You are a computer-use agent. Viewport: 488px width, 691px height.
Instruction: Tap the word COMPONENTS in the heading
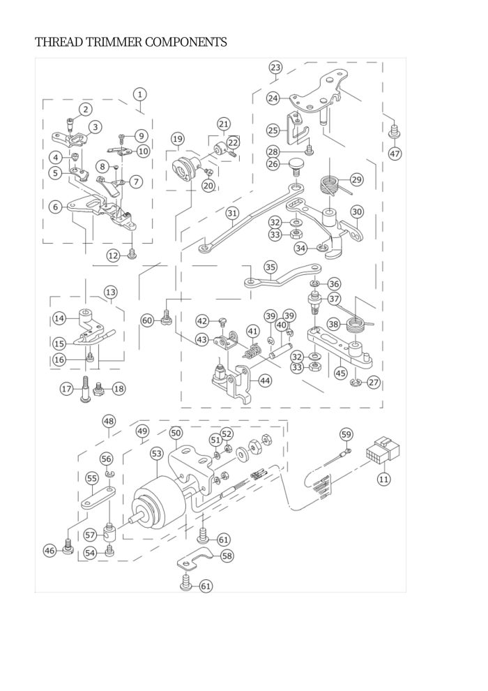click(x=186, y=43)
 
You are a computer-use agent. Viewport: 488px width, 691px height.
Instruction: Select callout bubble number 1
click(x=140, y=94)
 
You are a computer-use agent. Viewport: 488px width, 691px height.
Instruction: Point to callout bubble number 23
click(x=275, y=67)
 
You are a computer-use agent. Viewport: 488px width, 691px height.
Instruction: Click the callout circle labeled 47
click(x=395, y=154)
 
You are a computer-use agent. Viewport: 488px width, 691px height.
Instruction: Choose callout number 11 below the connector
click(x=384, y=479)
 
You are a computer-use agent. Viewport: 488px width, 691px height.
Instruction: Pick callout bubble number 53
click(x=156, y=454)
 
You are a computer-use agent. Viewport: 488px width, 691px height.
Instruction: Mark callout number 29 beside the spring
click(x=356, y=179)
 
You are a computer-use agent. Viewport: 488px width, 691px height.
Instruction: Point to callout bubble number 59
click(x=346, y=434)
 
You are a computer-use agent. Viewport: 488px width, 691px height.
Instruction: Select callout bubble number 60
click(x=147, y=320)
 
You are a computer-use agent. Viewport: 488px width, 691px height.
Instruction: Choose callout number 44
click(x=265, y=380)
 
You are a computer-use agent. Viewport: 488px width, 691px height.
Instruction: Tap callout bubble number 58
click(x=227, y=556)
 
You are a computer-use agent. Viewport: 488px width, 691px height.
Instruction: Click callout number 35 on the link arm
click(x=270, y=267)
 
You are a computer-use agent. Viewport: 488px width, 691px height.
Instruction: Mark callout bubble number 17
click(x=67, y=388)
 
